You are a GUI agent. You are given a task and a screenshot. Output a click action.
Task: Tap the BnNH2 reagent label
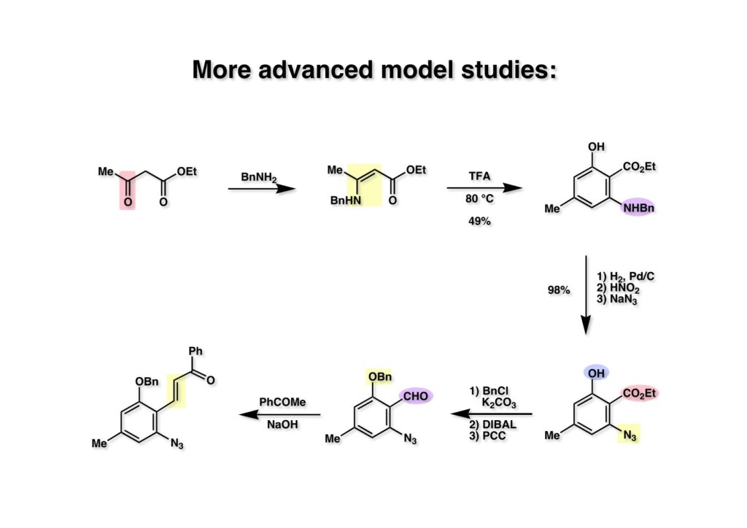point(259,177)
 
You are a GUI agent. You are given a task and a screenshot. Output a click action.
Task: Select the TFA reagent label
point(479,177)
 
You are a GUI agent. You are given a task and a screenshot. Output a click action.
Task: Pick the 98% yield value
point(559,290)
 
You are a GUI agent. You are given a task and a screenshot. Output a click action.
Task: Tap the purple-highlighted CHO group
point(416,395)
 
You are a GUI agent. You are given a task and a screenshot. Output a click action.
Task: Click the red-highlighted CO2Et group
point(640,394)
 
